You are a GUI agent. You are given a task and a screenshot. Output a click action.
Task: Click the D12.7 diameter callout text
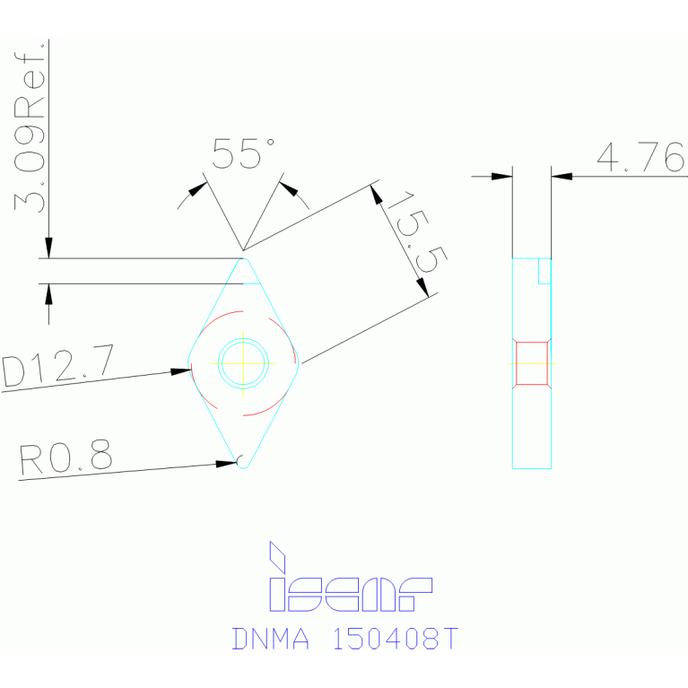click(x=57, y=369)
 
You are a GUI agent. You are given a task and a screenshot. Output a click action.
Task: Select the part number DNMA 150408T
click(x=345, y=639)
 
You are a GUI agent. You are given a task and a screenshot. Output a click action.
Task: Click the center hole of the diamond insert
click(x=243, y=362)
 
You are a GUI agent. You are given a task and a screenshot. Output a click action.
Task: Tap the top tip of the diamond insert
click(x=243, y=260)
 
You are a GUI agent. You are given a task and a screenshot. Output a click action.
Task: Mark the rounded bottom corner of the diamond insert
click(x=242, y=464)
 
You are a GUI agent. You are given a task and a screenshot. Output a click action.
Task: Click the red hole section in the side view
click(x=531, y=362)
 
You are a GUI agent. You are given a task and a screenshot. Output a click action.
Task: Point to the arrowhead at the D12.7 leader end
click(x=180, y=370)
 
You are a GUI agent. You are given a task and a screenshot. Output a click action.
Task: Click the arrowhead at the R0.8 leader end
click(x=228, y=463)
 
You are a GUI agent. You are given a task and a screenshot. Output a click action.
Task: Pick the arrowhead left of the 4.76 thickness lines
click(x=501, y=177)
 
